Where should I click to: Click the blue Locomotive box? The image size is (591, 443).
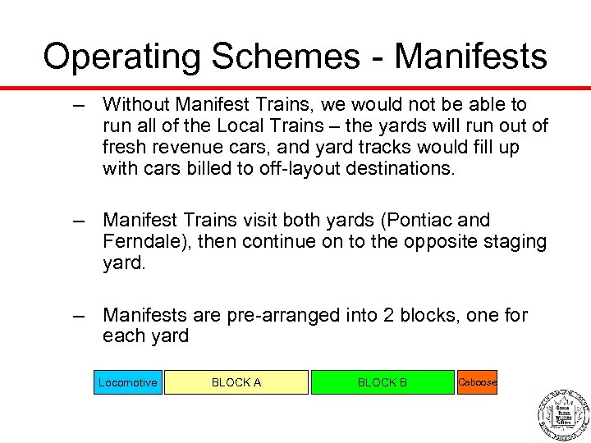[128, 382]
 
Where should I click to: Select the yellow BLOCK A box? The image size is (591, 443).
[236, 382]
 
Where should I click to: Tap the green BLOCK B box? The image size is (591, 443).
[382, 382]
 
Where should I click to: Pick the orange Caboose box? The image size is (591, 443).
[477, 382]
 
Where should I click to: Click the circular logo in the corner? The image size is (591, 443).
[563, 413]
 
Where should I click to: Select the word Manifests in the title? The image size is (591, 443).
[470, 57]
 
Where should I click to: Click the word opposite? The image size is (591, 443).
[440, 241]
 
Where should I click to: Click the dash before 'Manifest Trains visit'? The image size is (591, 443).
[80, 220]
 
